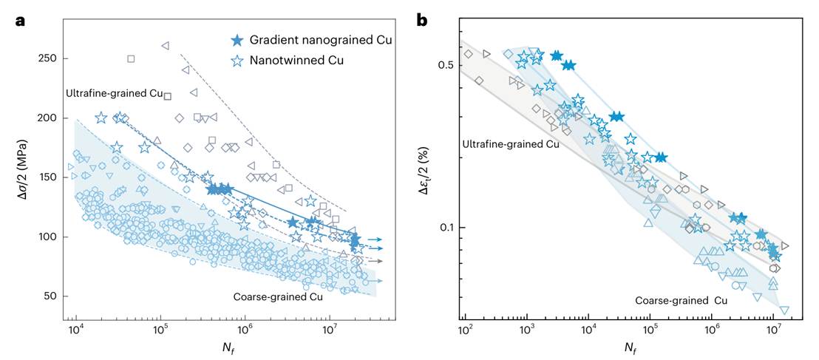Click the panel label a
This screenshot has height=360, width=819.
(x=21, y=21)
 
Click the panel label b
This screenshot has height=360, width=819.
(x=423, y=21)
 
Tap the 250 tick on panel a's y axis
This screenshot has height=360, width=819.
(x=49, y=58)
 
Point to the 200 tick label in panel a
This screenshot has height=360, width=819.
(x=49, y=118)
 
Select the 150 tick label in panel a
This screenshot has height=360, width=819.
(x=49, y=177)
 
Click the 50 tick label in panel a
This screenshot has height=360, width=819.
(x=51, y=296)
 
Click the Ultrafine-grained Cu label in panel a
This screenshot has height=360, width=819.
(x=114, y=94)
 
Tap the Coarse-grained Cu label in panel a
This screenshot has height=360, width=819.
(x=278, y=297)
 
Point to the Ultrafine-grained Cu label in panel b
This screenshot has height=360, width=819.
(x=510, y=144)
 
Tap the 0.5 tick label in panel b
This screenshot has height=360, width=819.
(x=446, y=65)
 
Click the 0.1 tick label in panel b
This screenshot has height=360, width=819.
(x=446, y=228)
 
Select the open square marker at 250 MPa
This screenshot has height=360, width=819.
(x=131, y=59)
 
